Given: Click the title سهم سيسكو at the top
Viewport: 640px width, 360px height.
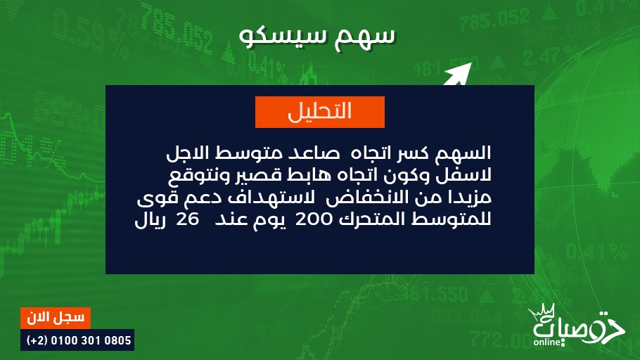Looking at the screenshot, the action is tap(317, 37).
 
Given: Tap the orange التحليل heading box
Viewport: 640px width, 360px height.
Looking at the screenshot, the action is tap(320, 112).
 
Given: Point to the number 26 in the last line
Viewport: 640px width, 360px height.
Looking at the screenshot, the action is tap(187, 219).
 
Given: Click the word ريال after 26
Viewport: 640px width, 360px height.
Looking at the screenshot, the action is tap(149, 220).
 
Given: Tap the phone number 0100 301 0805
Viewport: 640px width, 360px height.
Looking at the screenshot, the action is tap(91, 340).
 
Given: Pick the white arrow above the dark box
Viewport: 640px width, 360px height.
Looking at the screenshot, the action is tap(458, 75).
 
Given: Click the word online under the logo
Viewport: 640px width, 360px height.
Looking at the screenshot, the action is tap(547, 342).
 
